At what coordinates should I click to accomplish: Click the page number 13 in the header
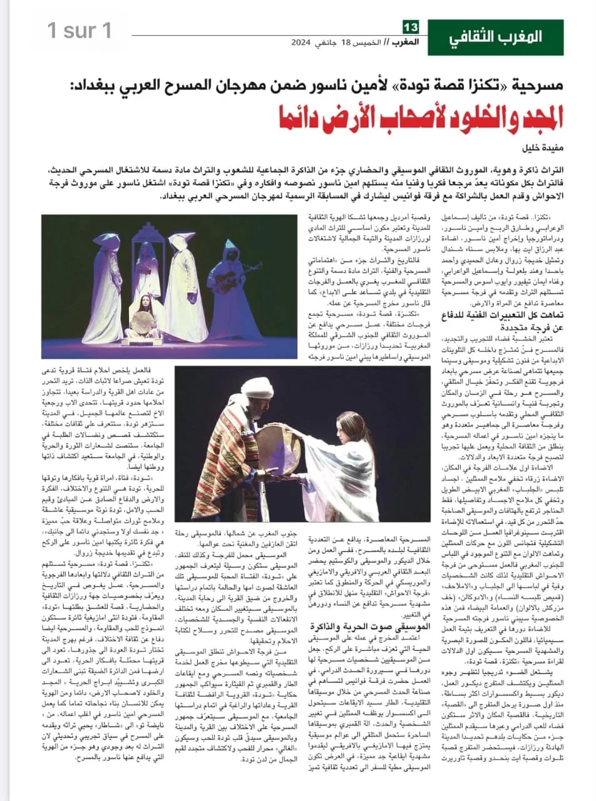pyautogui.click(x=411, y=27)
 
